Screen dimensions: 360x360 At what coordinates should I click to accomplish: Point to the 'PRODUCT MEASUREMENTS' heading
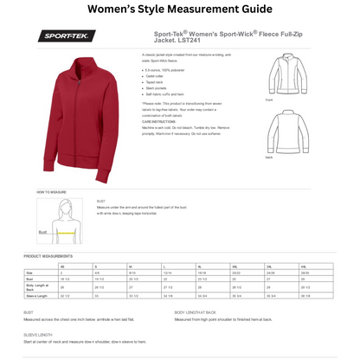point(48,256)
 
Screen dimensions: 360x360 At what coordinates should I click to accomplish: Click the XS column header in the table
point(63,266)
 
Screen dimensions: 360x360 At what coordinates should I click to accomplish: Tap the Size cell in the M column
point(132,273)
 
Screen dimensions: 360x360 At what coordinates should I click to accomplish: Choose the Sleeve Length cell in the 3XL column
point(271,295)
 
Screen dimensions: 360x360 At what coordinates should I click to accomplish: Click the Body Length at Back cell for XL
point(202,286)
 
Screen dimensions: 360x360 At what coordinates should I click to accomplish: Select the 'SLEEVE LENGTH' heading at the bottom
point(38,334)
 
